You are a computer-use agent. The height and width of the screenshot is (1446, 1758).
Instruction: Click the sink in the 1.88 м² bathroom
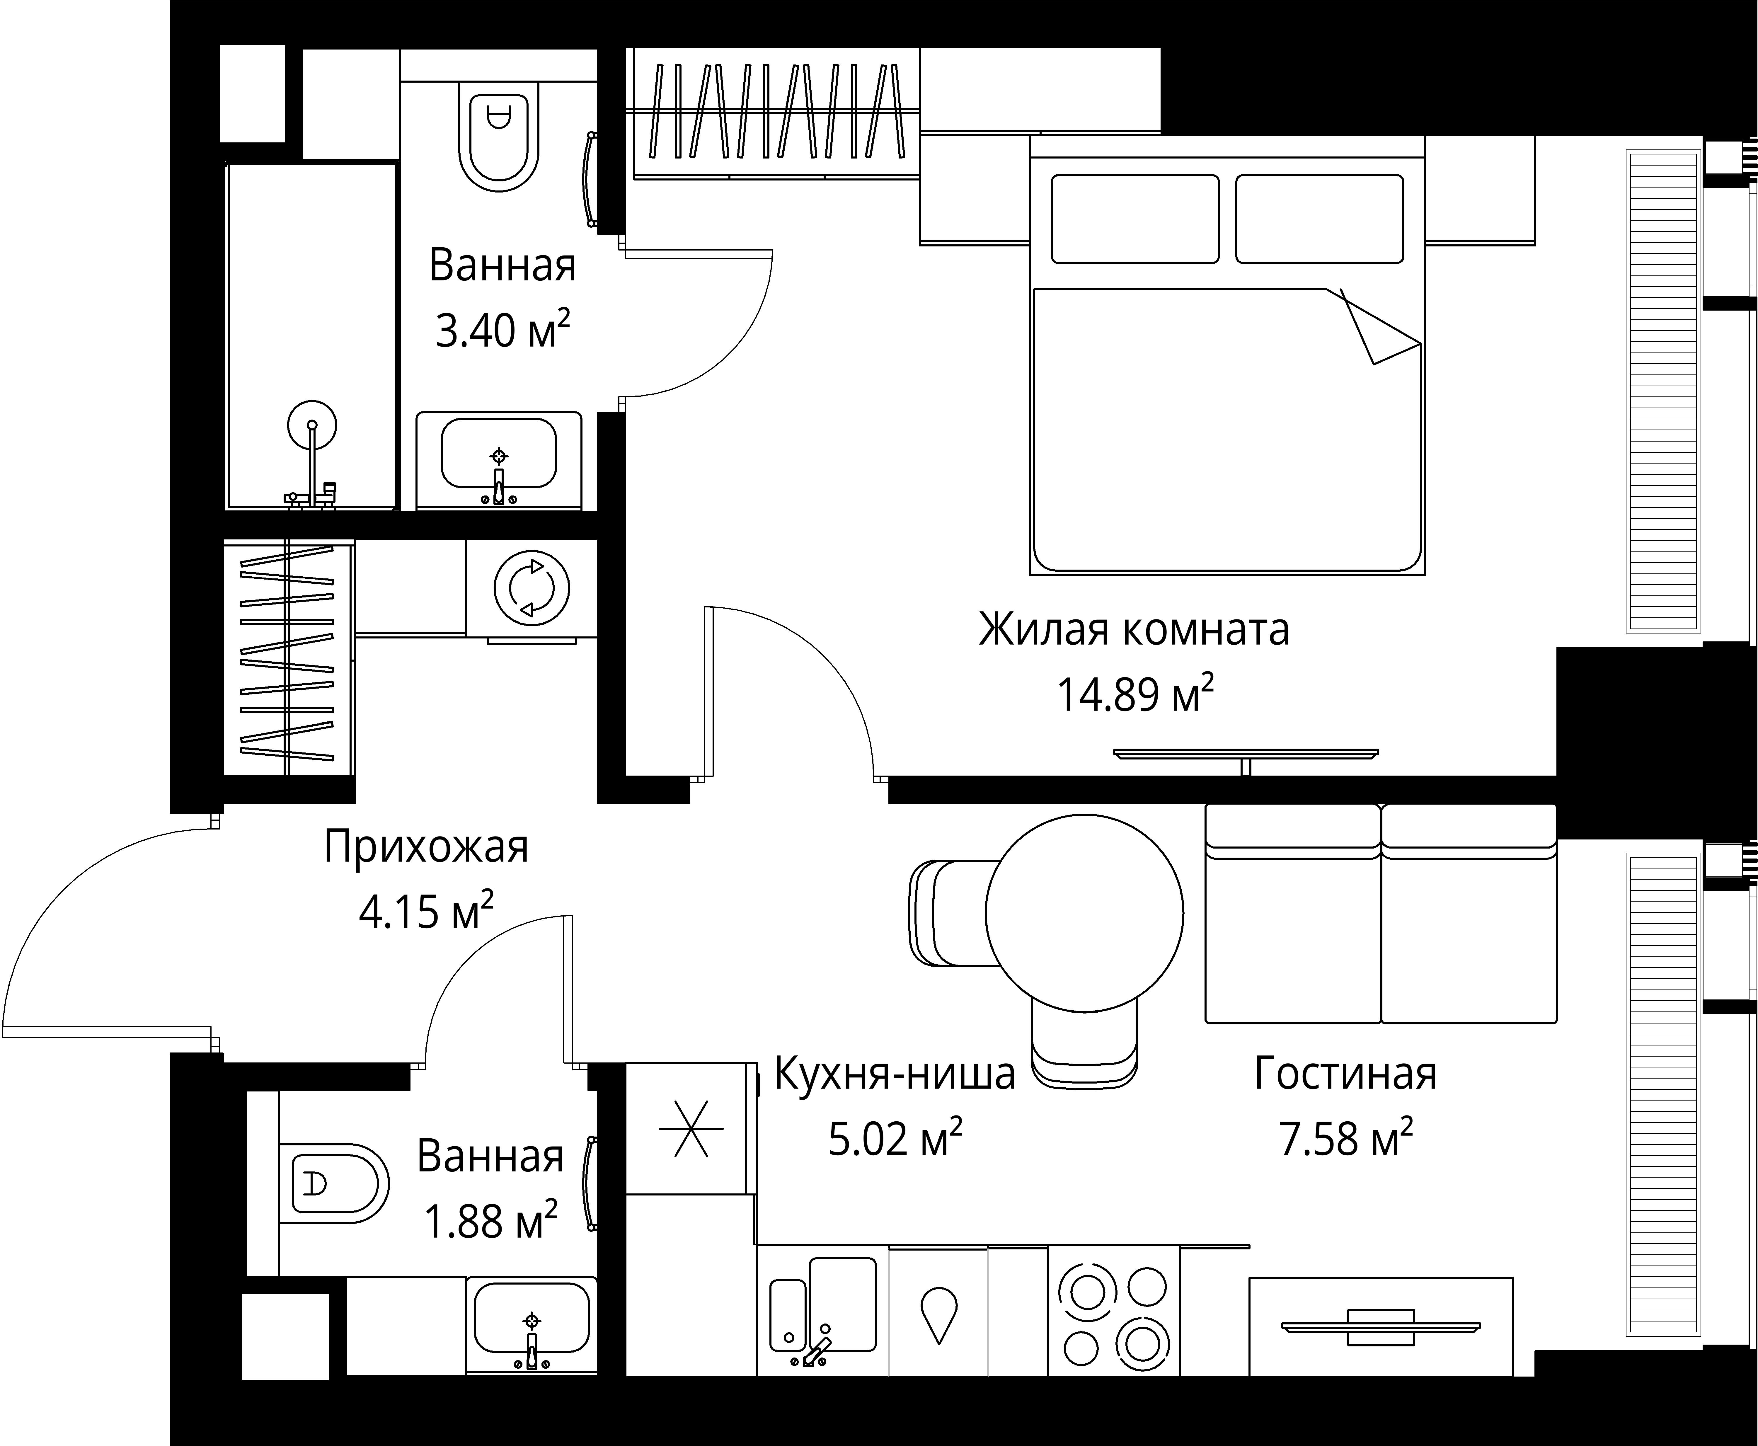pos(531,1326)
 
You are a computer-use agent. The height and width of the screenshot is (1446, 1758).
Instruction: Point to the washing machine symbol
pos(531,588)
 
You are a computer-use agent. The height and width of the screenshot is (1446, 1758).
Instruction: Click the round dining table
pos(1084,913)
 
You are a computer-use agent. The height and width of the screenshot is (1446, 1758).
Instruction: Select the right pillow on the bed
pos(1319,218)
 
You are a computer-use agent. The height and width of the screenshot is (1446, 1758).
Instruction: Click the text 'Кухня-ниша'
pos(895,1074)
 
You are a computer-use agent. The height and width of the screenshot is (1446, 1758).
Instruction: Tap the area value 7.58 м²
pos(1346,1139)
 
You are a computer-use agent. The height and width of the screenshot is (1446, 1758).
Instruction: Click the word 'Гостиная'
pos(1346,1074)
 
